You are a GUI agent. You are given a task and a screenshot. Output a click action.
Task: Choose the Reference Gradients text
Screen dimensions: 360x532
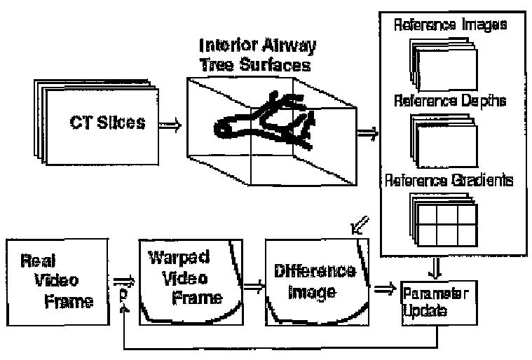coord(449,181)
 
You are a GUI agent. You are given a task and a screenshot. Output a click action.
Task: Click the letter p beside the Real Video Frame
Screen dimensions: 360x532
coord(123,297)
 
